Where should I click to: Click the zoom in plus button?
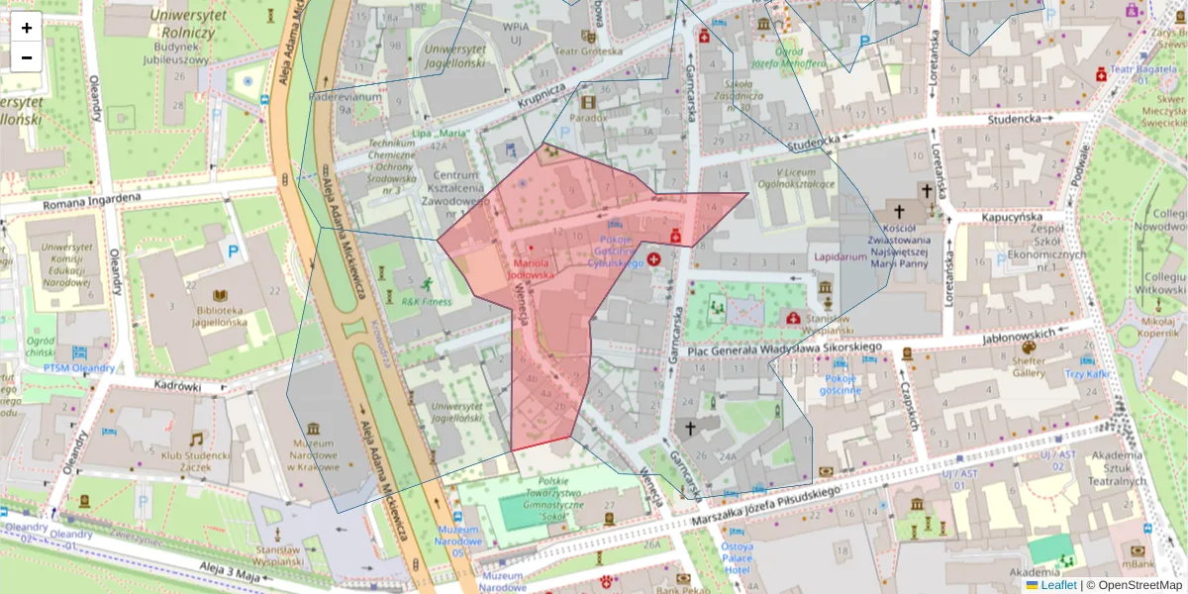coord(27,28)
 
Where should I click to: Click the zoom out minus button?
coord(27,57)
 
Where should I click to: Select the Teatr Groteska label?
coord(587,51)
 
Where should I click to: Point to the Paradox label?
coord(588,117)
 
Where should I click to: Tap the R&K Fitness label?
coord(427,301)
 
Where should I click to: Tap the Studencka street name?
coord(1013,120)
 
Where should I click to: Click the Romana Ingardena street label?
coord(89,201)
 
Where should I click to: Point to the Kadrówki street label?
coord(178,386)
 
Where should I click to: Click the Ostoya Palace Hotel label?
coord(737,558)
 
